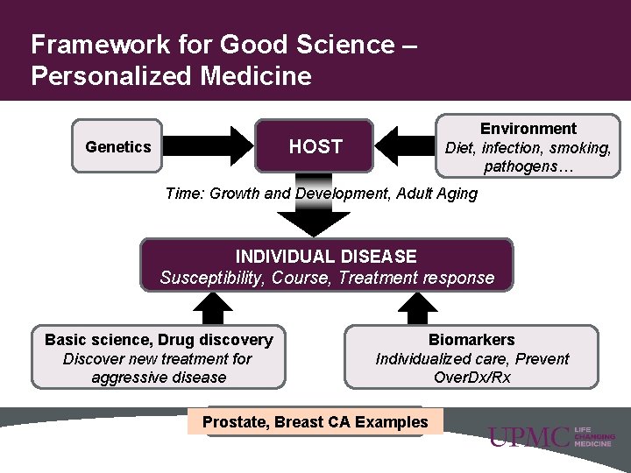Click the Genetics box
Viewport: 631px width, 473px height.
(x=117, y=146)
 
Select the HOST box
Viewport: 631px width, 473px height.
(x=315, y=146)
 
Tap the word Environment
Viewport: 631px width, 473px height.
(x=528, y=129)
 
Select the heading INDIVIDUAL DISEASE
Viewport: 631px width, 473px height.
(x=326, y=257)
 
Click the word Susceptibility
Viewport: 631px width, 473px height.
(x=211, y=279)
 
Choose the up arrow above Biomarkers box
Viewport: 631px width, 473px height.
(x=417, y=308)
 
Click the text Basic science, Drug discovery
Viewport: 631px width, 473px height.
(x=159, y=340)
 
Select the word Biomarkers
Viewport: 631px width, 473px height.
(x=471, y=340)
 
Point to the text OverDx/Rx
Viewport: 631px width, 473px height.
(x=471, y=378)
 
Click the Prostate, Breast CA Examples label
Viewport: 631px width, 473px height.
(x=315, y=422)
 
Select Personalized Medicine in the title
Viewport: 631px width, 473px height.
(x=171, y=76)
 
